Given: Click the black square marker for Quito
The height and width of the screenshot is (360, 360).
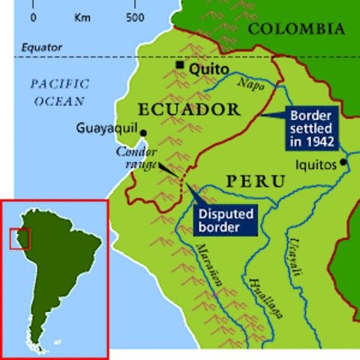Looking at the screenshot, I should tap(179, 66).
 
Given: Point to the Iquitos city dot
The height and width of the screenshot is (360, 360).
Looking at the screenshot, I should tap(343, 162).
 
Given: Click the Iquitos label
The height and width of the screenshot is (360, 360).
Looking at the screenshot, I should tap(317, 166).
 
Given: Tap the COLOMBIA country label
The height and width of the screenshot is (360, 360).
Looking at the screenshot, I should tap(296, 29).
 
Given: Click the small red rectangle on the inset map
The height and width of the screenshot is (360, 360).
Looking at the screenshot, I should tap(19, 238).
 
